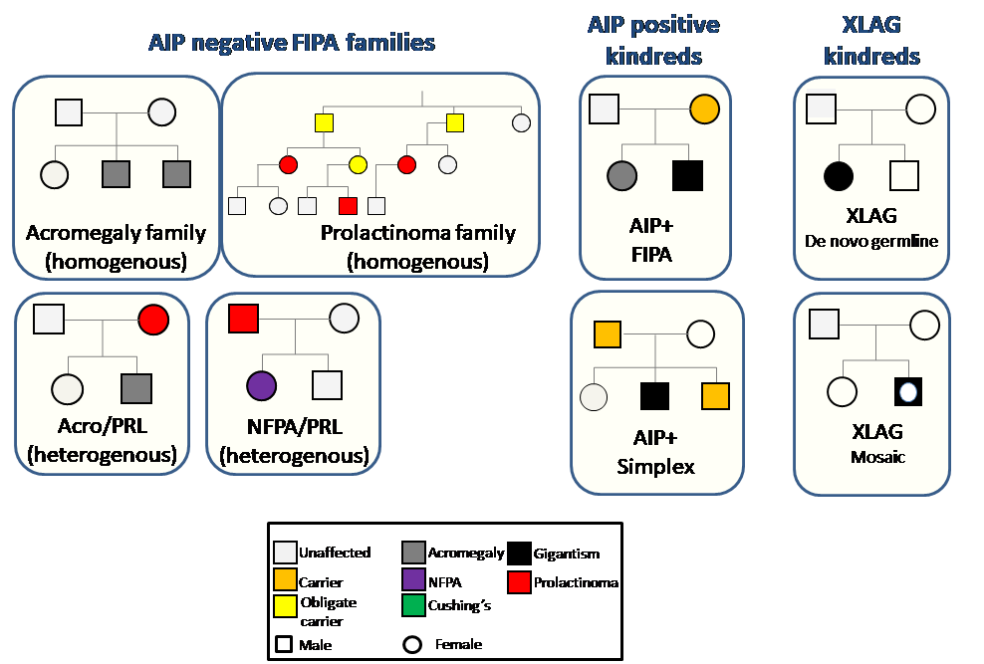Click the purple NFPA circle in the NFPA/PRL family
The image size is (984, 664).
click(262, 385)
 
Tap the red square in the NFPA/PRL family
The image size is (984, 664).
click(243, 319)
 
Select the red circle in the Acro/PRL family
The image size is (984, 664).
click(153, 320)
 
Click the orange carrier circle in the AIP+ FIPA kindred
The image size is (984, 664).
click(705, 110)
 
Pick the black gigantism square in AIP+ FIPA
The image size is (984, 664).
click(688, 175)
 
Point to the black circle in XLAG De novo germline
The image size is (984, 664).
click(839, 175)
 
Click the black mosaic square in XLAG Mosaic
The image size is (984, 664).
click(908, 392)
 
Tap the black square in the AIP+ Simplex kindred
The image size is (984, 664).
click(654, 395)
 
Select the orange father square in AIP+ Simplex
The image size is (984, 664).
click(608, 334)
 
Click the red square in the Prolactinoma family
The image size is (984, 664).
click(348, 206)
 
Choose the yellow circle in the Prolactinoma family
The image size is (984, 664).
click(358, 165)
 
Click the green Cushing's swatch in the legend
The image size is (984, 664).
click(413, 605)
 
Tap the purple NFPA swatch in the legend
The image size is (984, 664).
click(413, 578)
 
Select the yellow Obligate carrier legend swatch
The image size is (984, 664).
click(285, 606)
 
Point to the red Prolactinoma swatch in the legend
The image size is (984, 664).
click(520, 581)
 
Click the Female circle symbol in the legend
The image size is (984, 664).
click(412, 644)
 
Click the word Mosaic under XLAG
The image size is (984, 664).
click(878, 457)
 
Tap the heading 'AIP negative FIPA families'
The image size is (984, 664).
click(292, 43)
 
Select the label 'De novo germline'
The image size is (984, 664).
click(871, 241)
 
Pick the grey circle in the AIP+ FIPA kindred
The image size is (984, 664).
click(621, 175)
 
